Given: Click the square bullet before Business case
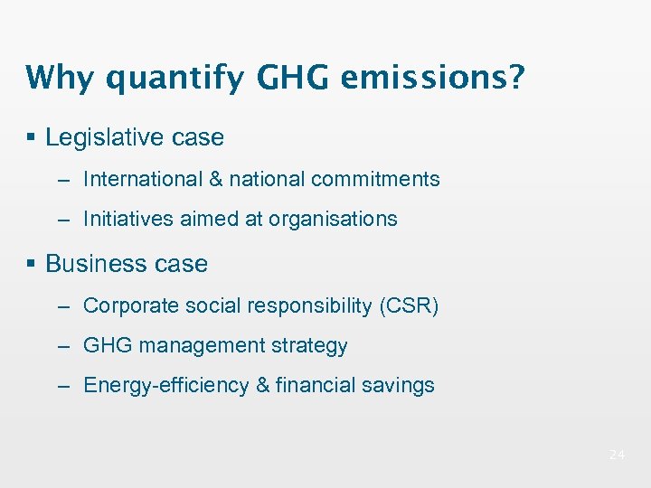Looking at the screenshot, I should coord(32,263).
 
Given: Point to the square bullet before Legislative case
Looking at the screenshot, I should coord(32,137).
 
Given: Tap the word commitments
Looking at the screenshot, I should coord(375,179).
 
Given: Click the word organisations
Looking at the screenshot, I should coord(338,219).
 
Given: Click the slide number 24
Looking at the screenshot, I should coord(617,455).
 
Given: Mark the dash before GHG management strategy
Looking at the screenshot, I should coord(63,346).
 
